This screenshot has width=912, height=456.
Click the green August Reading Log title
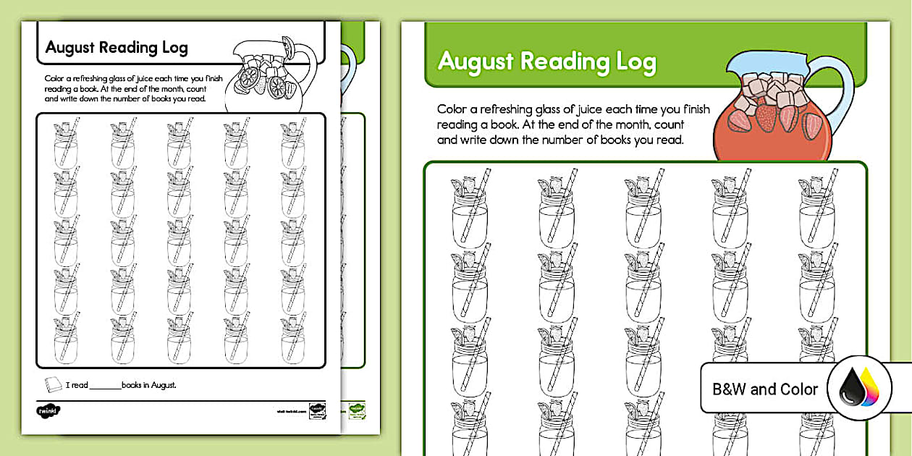pyautogui.click(x=546, y=62)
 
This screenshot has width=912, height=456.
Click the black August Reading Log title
pyautogui.click(x=117, y=48)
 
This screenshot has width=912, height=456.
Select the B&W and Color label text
pyautogui.click(x=765, y=389)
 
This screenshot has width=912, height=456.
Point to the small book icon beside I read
pyautogui.click(x=54, y=384)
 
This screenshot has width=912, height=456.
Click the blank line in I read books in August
pyautogui.click(x=106, y=386)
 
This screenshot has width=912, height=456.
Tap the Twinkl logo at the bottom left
pyautogui.click(x=48, y=411)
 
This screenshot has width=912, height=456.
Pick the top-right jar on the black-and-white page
pyautogui.click(x=293, y=145)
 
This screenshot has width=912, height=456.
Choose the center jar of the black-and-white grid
pyautogui.click(x=179, y=242)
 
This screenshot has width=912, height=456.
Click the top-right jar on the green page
pyautogui.click(x=818, y=210)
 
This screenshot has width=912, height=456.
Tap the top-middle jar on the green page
pyautogui.click(x=644, y=210)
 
